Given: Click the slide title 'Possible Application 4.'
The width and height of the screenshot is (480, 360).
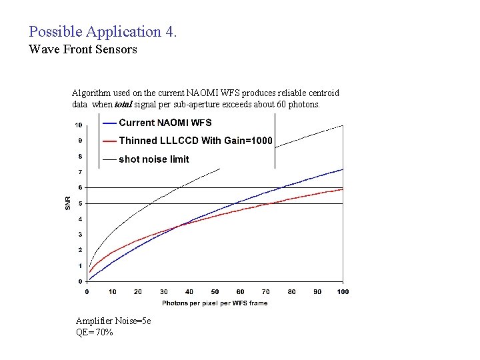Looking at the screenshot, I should pos(103,31).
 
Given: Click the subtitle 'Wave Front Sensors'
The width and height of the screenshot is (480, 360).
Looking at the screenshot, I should pos(83,49).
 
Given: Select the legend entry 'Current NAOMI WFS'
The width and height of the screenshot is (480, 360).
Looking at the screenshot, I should pos(165,123).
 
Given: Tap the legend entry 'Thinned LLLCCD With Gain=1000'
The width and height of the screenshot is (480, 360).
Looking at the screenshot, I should pos(195,141).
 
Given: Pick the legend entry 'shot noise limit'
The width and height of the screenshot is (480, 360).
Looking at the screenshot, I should pos(153,159).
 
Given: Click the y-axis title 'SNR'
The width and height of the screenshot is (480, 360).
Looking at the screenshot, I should pos(67,203).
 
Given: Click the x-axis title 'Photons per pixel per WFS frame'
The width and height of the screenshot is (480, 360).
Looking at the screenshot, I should pos(215,303).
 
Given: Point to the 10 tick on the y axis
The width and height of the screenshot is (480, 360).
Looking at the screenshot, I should pos(78,125).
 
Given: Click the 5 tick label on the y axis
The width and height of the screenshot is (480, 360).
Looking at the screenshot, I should pos(80,203).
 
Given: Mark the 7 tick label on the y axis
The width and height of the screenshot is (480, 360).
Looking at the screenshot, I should pos(80,172).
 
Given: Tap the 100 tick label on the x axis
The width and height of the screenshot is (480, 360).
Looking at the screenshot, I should pos(343,291).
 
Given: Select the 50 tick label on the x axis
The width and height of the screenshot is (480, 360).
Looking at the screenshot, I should pos(215,291).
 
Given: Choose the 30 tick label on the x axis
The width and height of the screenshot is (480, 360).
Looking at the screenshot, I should pos(163,291).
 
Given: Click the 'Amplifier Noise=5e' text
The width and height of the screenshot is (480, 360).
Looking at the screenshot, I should pos(113,321).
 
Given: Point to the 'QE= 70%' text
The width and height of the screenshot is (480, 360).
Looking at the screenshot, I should pos(94,332).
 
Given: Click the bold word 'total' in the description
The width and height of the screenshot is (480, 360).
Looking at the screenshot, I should pos(123,105).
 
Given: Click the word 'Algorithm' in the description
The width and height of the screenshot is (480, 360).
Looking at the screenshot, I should pos(90,93).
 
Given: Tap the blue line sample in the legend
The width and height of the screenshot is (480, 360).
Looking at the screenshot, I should pos(109,123).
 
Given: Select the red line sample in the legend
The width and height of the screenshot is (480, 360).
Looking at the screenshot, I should pos(109,141).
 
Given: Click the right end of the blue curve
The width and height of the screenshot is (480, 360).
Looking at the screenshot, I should pos(342,169).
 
